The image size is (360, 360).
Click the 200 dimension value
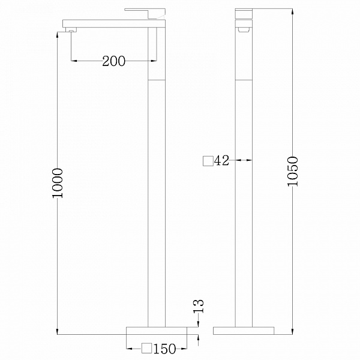(113, 61)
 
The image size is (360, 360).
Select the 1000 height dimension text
(57, 183)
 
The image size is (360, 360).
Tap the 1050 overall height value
(293, 171)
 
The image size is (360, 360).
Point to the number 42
(221, 160)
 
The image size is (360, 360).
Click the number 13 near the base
(199, 306)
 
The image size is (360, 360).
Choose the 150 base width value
(164, 349)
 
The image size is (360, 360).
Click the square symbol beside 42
(208, 161)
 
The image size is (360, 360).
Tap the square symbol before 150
(146, 348)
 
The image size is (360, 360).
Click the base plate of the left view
(157, 331)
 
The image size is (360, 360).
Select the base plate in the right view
(244, 331)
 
